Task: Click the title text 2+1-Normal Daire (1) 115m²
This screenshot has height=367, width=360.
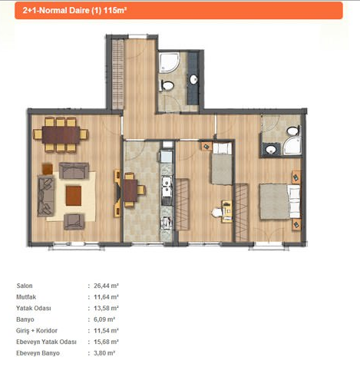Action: (x=74, y=11)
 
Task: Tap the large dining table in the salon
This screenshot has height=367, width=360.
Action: (x=61, y=135)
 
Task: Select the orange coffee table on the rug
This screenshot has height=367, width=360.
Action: (x=74, y=196)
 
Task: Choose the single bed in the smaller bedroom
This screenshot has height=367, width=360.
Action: (x=222, y=164)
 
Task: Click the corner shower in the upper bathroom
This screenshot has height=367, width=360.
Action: (x=169, y=63)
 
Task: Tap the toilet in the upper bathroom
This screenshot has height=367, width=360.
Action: (x=167, y=85)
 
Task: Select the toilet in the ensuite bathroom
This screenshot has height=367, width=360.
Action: (x=293, y=131)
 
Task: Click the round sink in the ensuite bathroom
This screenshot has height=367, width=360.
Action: (x=270, y=150)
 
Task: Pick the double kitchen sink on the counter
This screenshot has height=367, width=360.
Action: (x=167, y=187)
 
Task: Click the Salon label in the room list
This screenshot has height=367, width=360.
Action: (x=25, y=286)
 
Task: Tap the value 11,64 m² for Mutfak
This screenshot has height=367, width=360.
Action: (x=106, y=297)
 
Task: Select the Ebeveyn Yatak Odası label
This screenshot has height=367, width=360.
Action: (x=46, y=342)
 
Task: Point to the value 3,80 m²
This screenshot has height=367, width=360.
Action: (x=104, y=353)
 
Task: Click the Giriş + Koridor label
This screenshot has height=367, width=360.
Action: (x=37, y=330)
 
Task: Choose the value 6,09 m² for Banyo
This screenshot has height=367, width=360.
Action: (x=104, y=319)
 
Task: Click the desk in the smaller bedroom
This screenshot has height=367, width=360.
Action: (x=227, y=211)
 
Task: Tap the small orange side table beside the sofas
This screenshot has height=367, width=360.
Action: (x=48, y=169)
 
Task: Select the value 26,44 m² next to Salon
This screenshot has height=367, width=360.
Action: (x=106, y=286)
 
